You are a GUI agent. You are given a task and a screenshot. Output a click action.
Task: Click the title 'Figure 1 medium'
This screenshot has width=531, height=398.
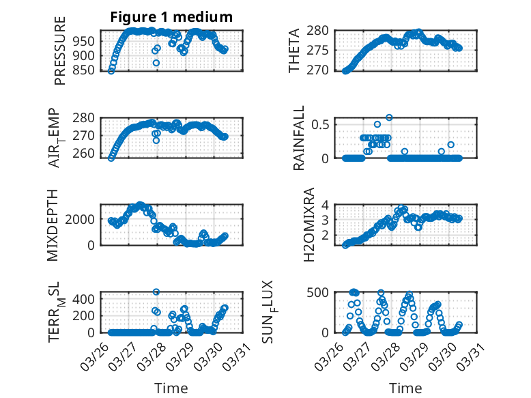click(x=171, y=17)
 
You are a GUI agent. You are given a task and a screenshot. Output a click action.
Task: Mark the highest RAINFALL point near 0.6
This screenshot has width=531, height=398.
click(x=389, y=117)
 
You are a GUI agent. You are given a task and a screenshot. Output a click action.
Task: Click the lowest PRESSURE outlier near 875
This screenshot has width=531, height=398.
click(x=156, y=63)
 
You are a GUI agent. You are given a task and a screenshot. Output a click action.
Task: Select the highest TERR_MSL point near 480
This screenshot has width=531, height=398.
click(x=156, y=292)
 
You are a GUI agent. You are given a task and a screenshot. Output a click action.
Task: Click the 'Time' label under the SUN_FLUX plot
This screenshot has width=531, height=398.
click(x=405, y=388)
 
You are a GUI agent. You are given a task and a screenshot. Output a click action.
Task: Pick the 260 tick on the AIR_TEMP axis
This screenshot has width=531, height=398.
click(x=85, y=154)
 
